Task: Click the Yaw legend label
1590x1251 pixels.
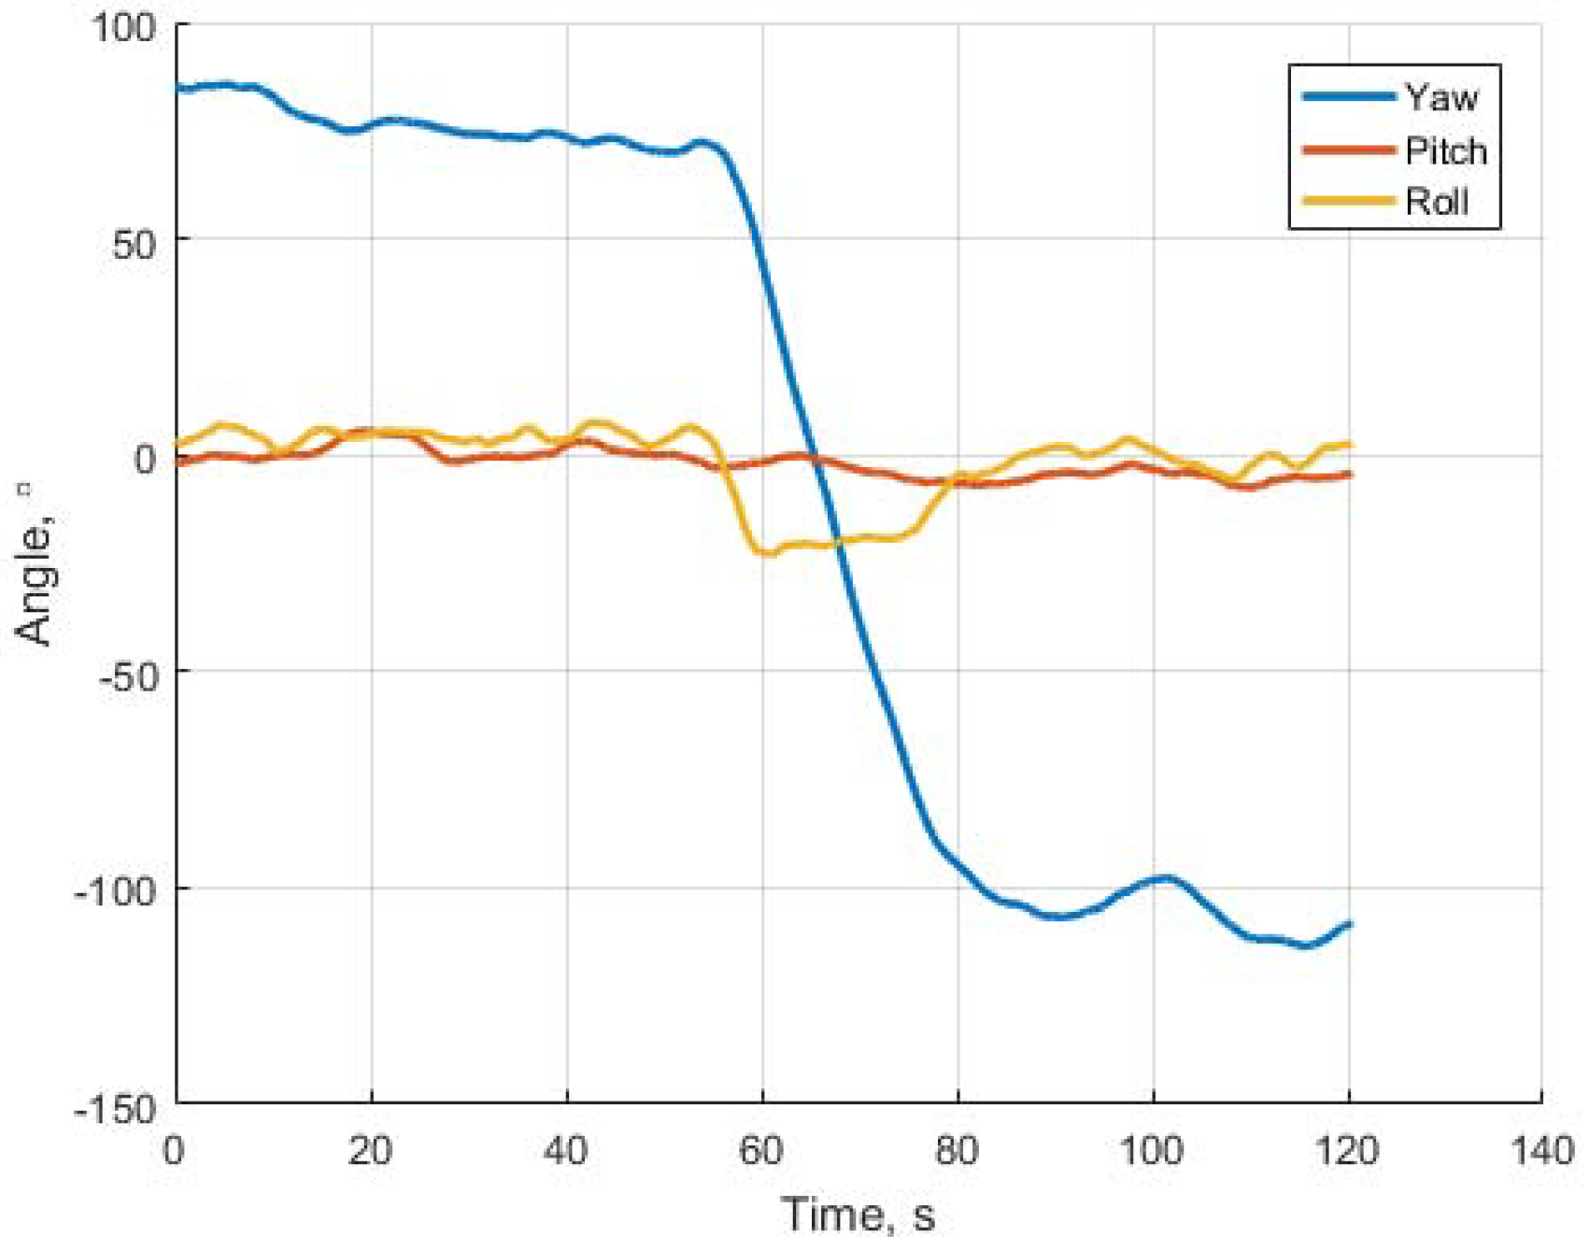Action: (1442, 97)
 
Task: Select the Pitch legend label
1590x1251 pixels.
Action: (1446, 150)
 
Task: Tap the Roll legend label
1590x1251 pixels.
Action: (1437, 202)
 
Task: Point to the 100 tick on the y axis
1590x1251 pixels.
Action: (122, 26)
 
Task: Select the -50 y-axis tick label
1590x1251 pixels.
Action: (126, 674)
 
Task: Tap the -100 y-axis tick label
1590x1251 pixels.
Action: (116, 890)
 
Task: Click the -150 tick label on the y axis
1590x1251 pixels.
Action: (116, 1108)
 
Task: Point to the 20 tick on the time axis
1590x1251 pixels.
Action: (370, 1150)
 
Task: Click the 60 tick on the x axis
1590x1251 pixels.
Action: (761, 1150)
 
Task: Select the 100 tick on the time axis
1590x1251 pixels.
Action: (1152, 1150)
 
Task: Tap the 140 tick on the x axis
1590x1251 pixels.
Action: (1542, 1150)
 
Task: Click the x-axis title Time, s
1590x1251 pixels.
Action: (858, 1214)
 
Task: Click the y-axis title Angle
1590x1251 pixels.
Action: (35, 579)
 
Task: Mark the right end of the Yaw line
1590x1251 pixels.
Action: (1349, 924)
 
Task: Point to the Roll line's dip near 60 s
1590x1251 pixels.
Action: (766, 552)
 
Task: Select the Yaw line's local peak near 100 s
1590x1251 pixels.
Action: (1164, 878)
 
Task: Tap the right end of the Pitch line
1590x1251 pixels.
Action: (1349, 475)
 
